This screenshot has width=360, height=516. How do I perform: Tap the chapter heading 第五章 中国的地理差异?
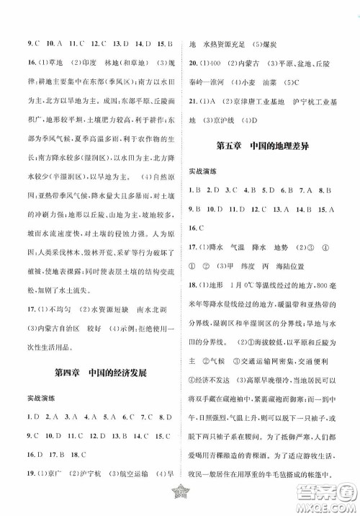coord(267,146)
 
